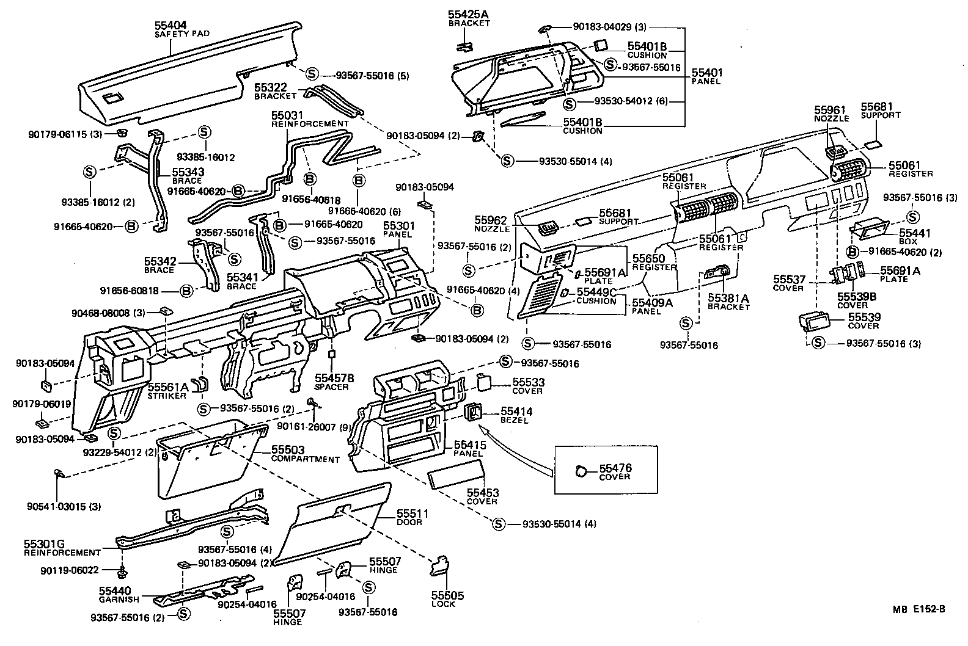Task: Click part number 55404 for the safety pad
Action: coord(170,25)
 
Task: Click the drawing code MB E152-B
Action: coord(918,608)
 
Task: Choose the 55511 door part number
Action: coord(413,514)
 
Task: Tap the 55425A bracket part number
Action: coord(468,14)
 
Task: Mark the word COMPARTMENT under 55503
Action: coord(305,459)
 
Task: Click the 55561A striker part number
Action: coord(168,387)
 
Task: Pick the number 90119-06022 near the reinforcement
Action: coord(83,571)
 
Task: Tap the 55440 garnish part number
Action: coord(115,591)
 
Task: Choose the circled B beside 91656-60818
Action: coord(187,290)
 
